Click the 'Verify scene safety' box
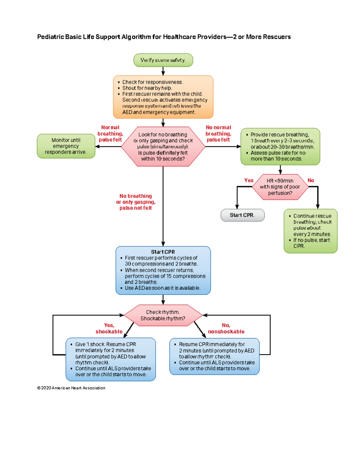pos(163,60)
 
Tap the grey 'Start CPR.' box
pos(242,215)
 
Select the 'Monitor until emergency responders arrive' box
pos(66,146)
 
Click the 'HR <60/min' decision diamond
pos(280,187)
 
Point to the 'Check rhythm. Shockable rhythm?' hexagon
pos(163,315)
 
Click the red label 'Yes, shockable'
pos(109,328)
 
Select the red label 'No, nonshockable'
pos(226,328)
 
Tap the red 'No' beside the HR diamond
pos(311,180)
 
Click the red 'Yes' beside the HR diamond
pos(249,180)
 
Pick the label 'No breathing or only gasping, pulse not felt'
pos(136,202)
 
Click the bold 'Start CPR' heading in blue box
pos(163,252)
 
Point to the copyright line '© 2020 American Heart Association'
pos(71,388)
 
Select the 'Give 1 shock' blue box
pos(111,359)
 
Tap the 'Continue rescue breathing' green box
pos(310,231)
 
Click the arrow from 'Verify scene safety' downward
pos(163,71)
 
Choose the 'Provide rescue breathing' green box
pos(280,146)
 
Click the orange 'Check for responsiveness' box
pos(163,97)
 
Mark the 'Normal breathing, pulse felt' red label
pos(110,134)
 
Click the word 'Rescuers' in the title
pos(277,37)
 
